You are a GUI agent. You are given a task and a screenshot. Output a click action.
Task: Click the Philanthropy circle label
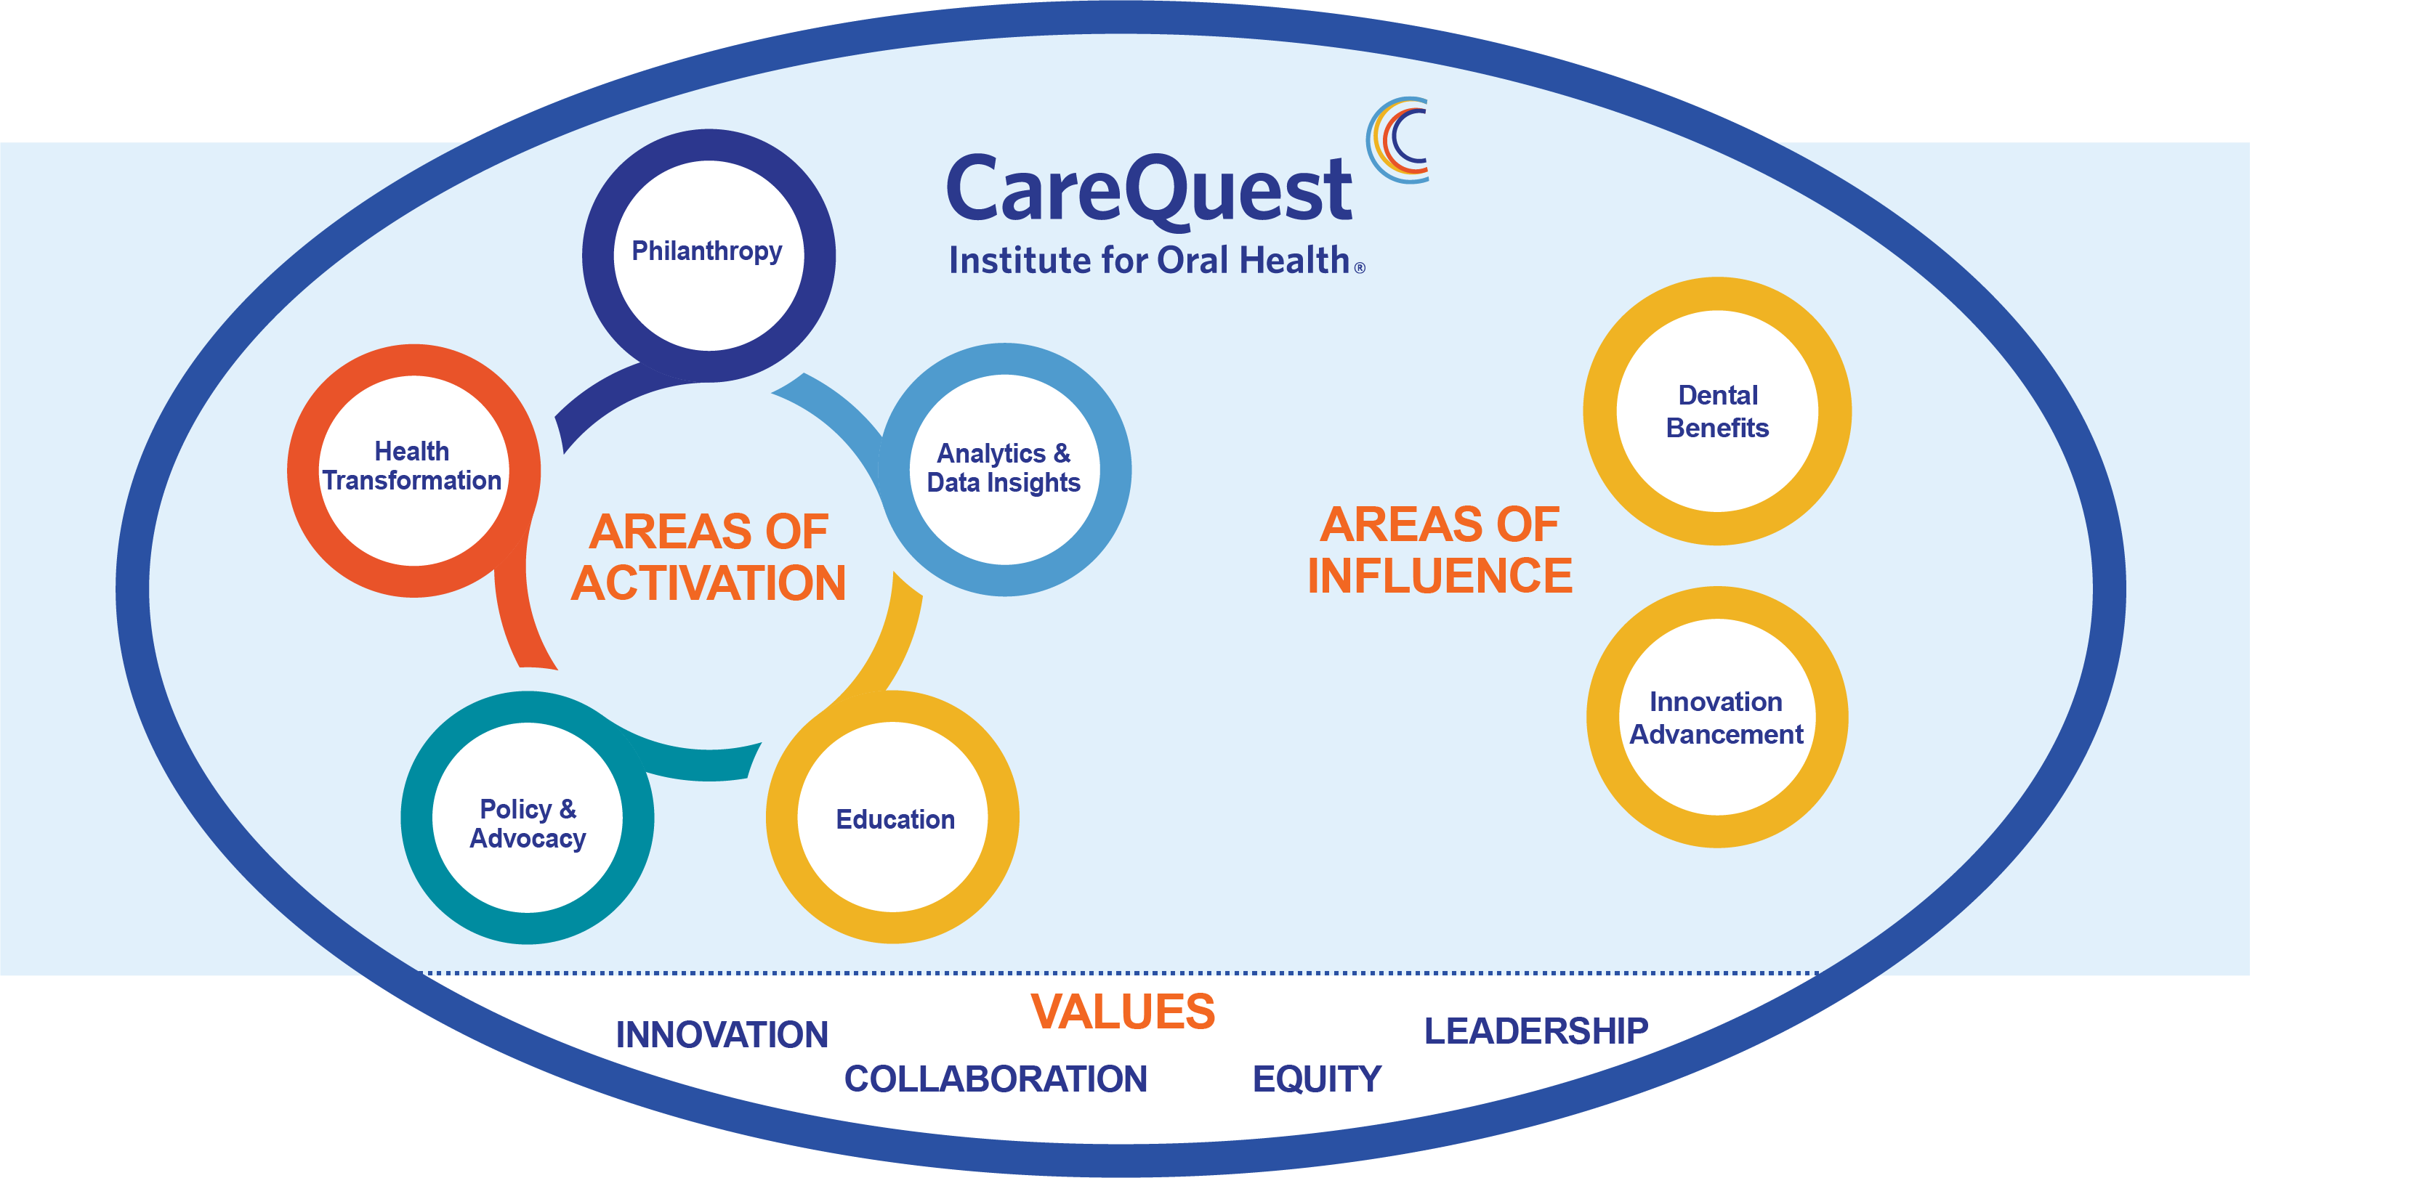(x=707, y=251)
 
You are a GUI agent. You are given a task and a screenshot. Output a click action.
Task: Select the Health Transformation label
(x=413, y=466)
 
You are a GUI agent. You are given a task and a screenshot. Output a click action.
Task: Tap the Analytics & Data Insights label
(x=1004, y=468)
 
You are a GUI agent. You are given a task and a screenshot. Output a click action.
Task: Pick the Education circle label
(x=895, y=819)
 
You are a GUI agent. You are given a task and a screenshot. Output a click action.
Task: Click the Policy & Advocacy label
(x=528, y=824)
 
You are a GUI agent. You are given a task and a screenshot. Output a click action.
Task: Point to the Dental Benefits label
(x=1717, y=411)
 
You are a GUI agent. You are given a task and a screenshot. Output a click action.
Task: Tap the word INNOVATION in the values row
(x=722, y=1035)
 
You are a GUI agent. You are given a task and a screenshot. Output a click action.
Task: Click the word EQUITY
(x=1317, y=1079)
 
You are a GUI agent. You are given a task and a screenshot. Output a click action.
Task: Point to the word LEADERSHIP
(x=1536, y=1031)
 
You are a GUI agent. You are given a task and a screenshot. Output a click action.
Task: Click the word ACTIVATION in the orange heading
(x=709, y=583)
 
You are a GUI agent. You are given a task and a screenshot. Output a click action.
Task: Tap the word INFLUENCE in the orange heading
(x=1440, y=576)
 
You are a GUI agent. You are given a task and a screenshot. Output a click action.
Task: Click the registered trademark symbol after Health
(x=1360, y=268)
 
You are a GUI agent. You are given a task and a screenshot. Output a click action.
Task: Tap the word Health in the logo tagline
(x=1294, y=261)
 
